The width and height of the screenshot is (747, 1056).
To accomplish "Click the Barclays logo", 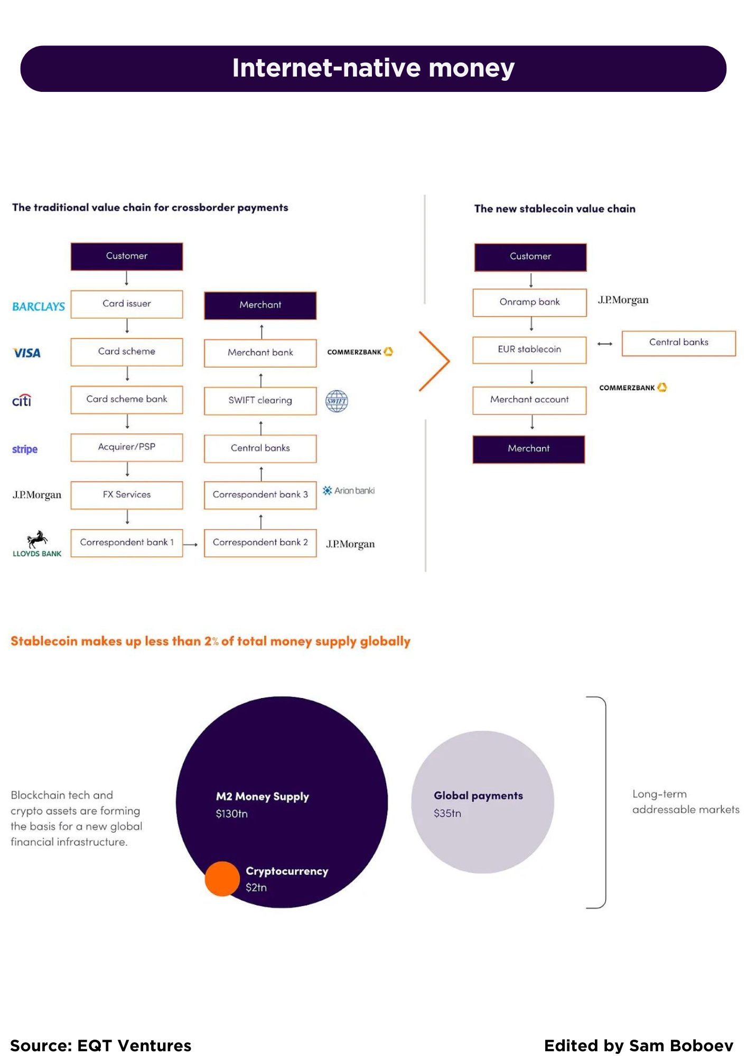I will (39, 306).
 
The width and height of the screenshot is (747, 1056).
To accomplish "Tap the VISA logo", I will (26, 353).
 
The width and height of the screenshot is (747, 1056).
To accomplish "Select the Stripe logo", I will (25, 449).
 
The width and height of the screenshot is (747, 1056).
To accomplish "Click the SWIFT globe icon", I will (337, 401).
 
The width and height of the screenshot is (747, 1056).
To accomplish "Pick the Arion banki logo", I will (349, 491).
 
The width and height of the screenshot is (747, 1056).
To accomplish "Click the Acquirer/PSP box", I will (127, 447).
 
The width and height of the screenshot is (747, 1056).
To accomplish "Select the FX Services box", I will (127, 495).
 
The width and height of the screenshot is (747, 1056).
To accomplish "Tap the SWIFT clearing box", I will (260, 401).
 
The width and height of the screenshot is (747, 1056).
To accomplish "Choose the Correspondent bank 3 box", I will (260, 495).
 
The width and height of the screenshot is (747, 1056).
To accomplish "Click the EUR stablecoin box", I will (529, 350).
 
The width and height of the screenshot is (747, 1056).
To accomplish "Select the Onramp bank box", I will (529, 302).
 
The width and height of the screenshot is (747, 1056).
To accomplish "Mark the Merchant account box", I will (529, 400).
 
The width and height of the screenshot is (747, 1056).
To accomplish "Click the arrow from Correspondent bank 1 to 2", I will (191, 544).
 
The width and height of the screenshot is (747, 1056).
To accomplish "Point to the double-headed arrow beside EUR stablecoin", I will (604, 344).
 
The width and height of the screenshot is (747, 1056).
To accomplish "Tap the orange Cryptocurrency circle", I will (222, 879).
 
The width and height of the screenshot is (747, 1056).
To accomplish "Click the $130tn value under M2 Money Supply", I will (231, 814).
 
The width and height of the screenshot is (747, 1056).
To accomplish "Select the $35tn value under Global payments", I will (447, 813).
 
